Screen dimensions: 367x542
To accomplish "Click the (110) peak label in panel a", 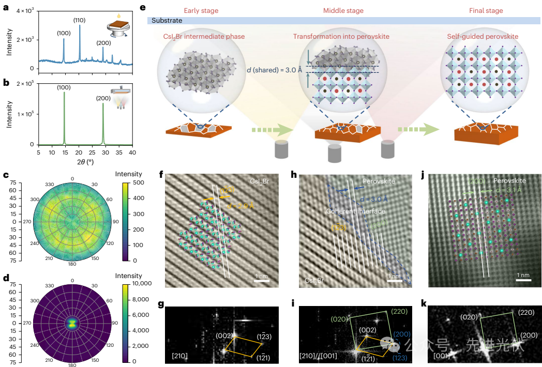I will [79, 20].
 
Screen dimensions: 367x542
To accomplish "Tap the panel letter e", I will [150, 8].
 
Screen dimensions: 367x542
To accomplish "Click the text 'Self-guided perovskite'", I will [483, 37].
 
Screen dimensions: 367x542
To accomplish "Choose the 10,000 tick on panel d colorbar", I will [135, 284].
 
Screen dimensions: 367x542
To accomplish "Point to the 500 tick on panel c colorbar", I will [132, 182].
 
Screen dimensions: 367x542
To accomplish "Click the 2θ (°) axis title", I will [85, 161].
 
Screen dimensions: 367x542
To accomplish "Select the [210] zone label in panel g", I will [179, 356].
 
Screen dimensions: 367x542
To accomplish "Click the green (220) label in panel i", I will [398, 312].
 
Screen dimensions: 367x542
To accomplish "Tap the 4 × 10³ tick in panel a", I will [24, 11].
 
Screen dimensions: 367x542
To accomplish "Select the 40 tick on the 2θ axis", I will [132, 153].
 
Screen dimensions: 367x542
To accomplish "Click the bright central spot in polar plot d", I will [72, 323].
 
